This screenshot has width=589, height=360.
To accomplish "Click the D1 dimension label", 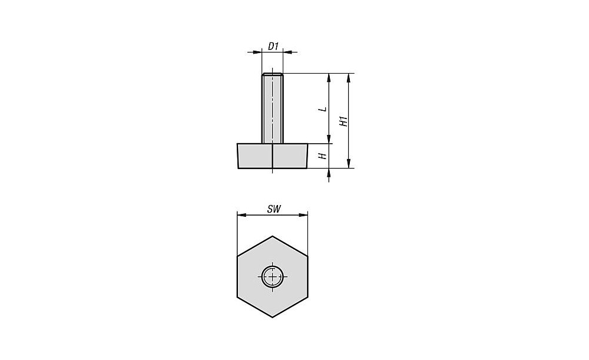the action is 273,46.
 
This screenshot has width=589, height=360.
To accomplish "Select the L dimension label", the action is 322,109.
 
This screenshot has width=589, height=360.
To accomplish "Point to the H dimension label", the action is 322,156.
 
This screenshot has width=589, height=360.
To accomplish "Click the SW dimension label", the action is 274,209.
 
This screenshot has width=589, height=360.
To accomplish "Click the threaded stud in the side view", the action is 272,108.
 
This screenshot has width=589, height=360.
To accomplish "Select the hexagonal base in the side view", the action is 273,156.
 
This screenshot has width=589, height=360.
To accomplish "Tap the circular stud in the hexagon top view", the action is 272,276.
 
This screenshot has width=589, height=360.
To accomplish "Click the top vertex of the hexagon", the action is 272,236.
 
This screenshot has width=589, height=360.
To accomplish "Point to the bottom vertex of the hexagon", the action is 272,318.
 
